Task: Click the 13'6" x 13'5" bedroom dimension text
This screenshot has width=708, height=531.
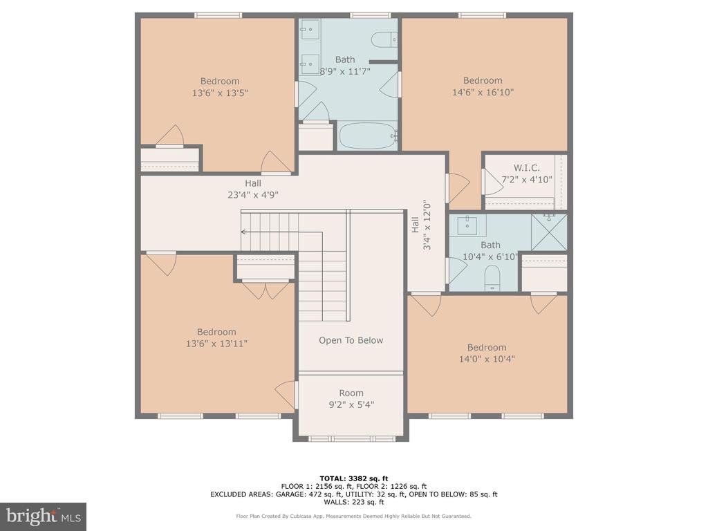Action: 220,93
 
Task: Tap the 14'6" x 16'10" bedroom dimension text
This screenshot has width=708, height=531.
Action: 483,92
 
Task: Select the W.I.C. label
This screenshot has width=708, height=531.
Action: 526,168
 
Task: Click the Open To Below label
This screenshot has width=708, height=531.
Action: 351,340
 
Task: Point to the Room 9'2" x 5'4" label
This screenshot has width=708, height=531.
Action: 351,399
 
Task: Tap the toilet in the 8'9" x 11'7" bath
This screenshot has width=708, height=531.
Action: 384,40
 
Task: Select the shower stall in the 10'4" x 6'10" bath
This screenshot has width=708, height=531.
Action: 548,232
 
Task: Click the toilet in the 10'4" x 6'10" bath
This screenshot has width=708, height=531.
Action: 492,279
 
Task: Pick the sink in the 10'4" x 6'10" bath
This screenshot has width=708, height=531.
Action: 468,225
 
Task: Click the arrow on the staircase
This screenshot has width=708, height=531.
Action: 244,232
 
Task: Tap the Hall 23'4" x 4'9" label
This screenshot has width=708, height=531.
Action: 252,189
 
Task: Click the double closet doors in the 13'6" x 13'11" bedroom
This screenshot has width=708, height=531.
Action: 265,289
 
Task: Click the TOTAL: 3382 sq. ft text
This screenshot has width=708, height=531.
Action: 353,478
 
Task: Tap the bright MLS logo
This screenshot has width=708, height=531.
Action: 43,516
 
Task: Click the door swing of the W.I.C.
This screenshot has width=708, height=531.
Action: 492,183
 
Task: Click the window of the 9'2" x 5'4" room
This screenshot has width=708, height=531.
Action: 351,438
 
